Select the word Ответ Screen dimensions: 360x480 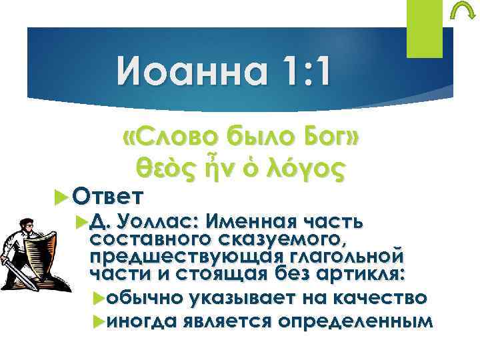click(109, 196)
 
